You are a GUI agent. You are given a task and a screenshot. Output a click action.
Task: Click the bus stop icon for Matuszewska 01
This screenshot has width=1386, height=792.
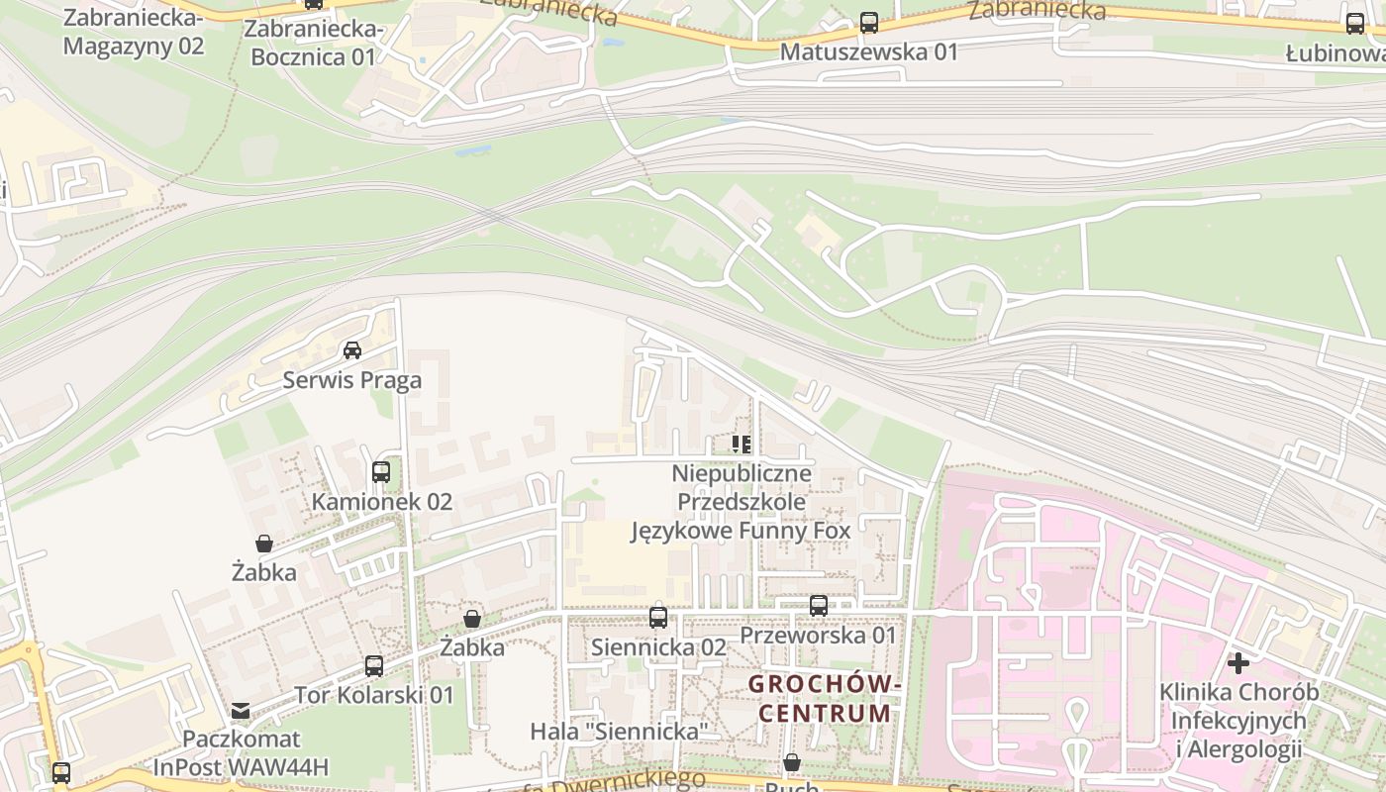(x=868, y=22)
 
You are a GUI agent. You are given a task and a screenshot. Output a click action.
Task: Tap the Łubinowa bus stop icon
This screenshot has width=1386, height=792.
(x=1354, y=24)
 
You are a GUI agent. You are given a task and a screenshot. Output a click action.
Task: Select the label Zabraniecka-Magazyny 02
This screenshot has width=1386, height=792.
(x=133, y=32)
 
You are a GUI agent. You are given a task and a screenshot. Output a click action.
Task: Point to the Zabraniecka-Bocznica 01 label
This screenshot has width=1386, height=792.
(x=314, y=44)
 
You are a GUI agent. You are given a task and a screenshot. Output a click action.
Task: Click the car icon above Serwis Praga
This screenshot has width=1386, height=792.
(x=351, y=349)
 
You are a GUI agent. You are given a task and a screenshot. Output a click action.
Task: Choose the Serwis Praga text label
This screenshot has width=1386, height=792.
(x=351, y=380)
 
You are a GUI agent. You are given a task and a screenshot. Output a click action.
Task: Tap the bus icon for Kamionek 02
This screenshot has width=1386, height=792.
(x=381, y=472)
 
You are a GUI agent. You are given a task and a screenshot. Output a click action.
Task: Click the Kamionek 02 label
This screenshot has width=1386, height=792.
(x=381, y=502)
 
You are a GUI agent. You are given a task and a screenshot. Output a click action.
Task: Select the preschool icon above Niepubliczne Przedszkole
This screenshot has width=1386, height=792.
(x=742, y=445)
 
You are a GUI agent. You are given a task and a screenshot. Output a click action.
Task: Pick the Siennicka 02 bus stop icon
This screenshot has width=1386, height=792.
(x=658, y=618)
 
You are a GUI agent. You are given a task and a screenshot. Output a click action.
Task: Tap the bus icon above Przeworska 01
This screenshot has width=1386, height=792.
(x=818, y=606)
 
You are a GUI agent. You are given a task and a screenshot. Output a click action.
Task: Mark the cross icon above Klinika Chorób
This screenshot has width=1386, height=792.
(x=1237, y=662)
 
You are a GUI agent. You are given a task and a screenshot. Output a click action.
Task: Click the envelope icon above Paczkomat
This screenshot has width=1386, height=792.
(x=241, y=710)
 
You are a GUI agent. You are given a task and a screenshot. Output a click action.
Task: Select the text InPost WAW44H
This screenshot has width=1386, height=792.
(x=241, y=767)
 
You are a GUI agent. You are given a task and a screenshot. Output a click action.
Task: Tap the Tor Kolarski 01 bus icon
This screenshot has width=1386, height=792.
(x=373, y=666)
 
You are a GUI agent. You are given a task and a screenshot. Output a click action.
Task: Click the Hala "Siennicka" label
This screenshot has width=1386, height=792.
(x=620, y=732)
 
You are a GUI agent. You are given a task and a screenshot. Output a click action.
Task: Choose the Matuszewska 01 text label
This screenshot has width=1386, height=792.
(x=868, y=51)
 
